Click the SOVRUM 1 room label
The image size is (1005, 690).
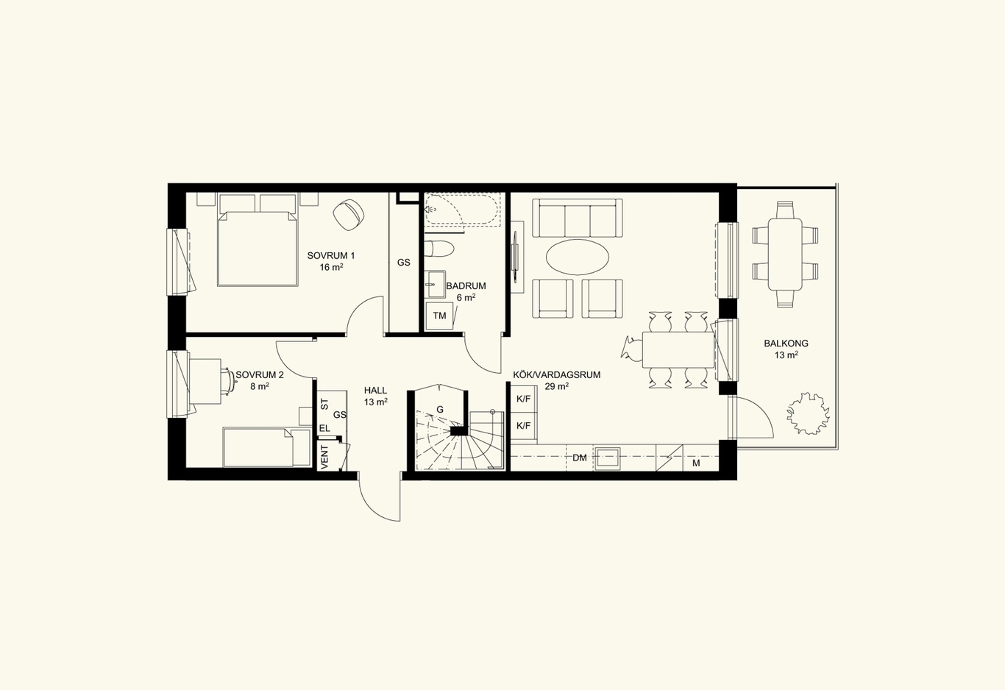[331, 256]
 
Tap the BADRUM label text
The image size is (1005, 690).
[466, 285]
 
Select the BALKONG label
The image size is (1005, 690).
[786, 344]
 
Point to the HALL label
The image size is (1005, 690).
[375, 391]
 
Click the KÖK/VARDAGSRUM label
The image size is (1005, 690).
[557, 375]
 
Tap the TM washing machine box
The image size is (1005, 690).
[440, 316]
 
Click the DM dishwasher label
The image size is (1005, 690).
[580, 458]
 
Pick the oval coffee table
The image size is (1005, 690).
[578, 257]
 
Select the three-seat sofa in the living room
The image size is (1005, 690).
[578, 218]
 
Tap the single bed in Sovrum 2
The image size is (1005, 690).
[267, 447]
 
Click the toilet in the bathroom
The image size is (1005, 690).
[439, 249]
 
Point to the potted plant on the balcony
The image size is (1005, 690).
[808, 413]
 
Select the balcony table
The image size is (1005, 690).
[785, 255]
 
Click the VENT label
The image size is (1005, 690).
[325, 457]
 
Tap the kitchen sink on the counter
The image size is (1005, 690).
[608, 458]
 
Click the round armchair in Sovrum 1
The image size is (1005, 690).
[349, 215]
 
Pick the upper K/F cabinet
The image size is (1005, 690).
[524, 399]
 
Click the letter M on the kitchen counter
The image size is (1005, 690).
[696, 463]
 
